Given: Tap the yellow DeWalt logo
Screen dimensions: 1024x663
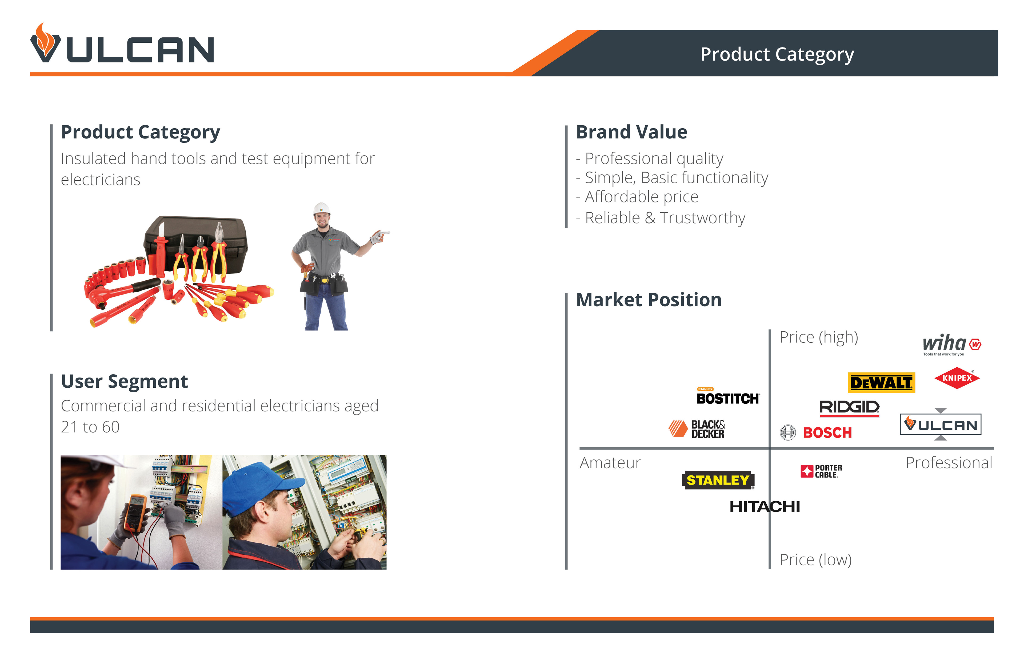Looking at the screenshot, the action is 881,382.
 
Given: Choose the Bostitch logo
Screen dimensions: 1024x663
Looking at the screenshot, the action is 728,396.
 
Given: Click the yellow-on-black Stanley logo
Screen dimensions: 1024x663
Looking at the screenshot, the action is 718,480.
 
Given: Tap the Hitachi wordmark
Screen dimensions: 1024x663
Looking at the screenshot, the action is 765,507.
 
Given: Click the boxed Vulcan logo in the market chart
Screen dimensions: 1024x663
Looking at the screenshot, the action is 941,424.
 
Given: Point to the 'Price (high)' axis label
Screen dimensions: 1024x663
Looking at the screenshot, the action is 819,337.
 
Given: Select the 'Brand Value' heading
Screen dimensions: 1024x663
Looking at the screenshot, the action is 632,132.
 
